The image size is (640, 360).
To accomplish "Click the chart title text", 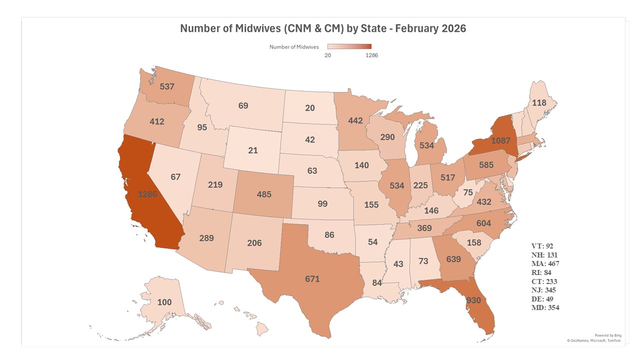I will [x=322, y=28].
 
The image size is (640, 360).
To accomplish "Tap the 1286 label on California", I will [x=148, y=194].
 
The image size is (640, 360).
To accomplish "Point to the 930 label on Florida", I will [x=474, y=301].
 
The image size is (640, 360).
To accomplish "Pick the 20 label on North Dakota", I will [x=310, y=108].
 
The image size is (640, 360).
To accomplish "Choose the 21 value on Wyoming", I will [x=252, y=150].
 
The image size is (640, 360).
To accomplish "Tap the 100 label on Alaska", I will [x=164, y=302].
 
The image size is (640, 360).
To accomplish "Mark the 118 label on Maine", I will [x=539, y=103].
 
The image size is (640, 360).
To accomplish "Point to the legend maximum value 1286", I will [x=371, y=55].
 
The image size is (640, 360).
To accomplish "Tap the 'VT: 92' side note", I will [x=542, y=246].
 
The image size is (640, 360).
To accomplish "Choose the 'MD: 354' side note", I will [x=545, y=307].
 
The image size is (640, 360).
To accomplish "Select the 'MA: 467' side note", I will [x=545, y=263].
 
